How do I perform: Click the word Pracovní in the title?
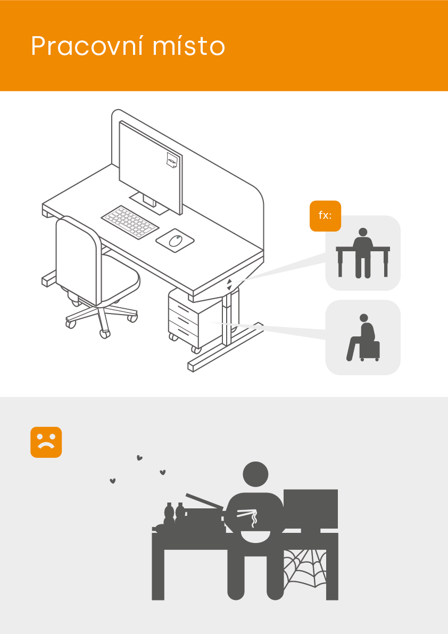click(x=87, y=46)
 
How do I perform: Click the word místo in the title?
click(x=189, y=46)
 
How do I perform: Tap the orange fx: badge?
click(x=325, y=216)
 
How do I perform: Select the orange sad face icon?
click(x=46, y=442)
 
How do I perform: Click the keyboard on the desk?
click(x=130, y=223)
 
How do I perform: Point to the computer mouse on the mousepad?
click(x=175, y=240)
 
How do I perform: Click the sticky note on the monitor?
click(x=172, y=160)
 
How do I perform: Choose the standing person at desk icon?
click(x=363, y=253)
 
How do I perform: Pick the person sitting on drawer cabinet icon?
click(x=363, y=337)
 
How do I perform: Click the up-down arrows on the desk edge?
click(x=229, y=284)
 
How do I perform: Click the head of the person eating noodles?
click(x=255, y=474)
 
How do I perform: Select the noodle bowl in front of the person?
click(x=255, y=536)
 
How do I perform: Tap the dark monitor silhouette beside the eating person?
click(x=311, y=511)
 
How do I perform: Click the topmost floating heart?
click(x=139, y=458)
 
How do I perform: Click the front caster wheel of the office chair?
click(x=105, y=334)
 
